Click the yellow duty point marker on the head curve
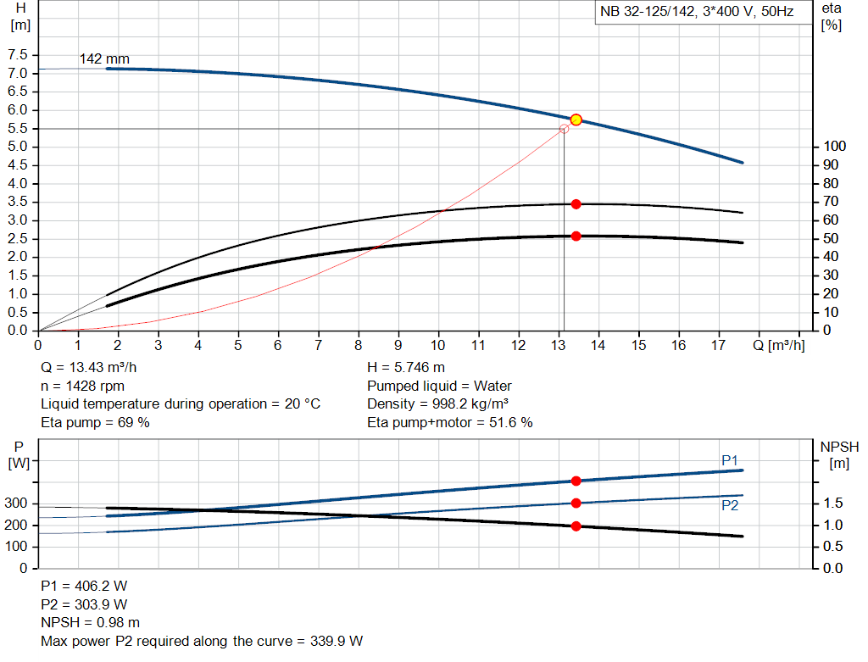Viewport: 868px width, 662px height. (576, 120)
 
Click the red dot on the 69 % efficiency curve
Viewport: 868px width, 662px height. (576, 203)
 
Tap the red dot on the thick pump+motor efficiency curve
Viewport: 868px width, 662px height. (576, 236)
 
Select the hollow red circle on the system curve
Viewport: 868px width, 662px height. (565, 129)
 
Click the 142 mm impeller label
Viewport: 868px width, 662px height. (104, 59)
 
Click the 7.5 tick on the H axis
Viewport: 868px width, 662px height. (17, 55)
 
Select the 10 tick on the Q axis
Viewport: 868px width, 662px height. (438, 345)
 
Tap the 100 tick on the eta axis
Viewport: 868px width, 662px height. (834, 147)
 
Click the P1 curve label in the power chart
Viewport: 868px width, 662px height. (730, 460)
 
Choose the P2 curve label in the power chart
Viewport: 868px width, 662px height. (730, 505)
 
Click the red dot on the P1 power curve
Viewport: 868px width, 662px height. (576, 481)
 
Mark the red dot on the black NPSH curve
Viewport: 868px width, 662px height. (576, 526)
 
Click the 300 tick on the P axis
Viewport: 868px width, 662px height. (17, 503)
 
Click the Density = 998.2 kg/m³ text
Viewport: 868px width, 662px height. (437, 403)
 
